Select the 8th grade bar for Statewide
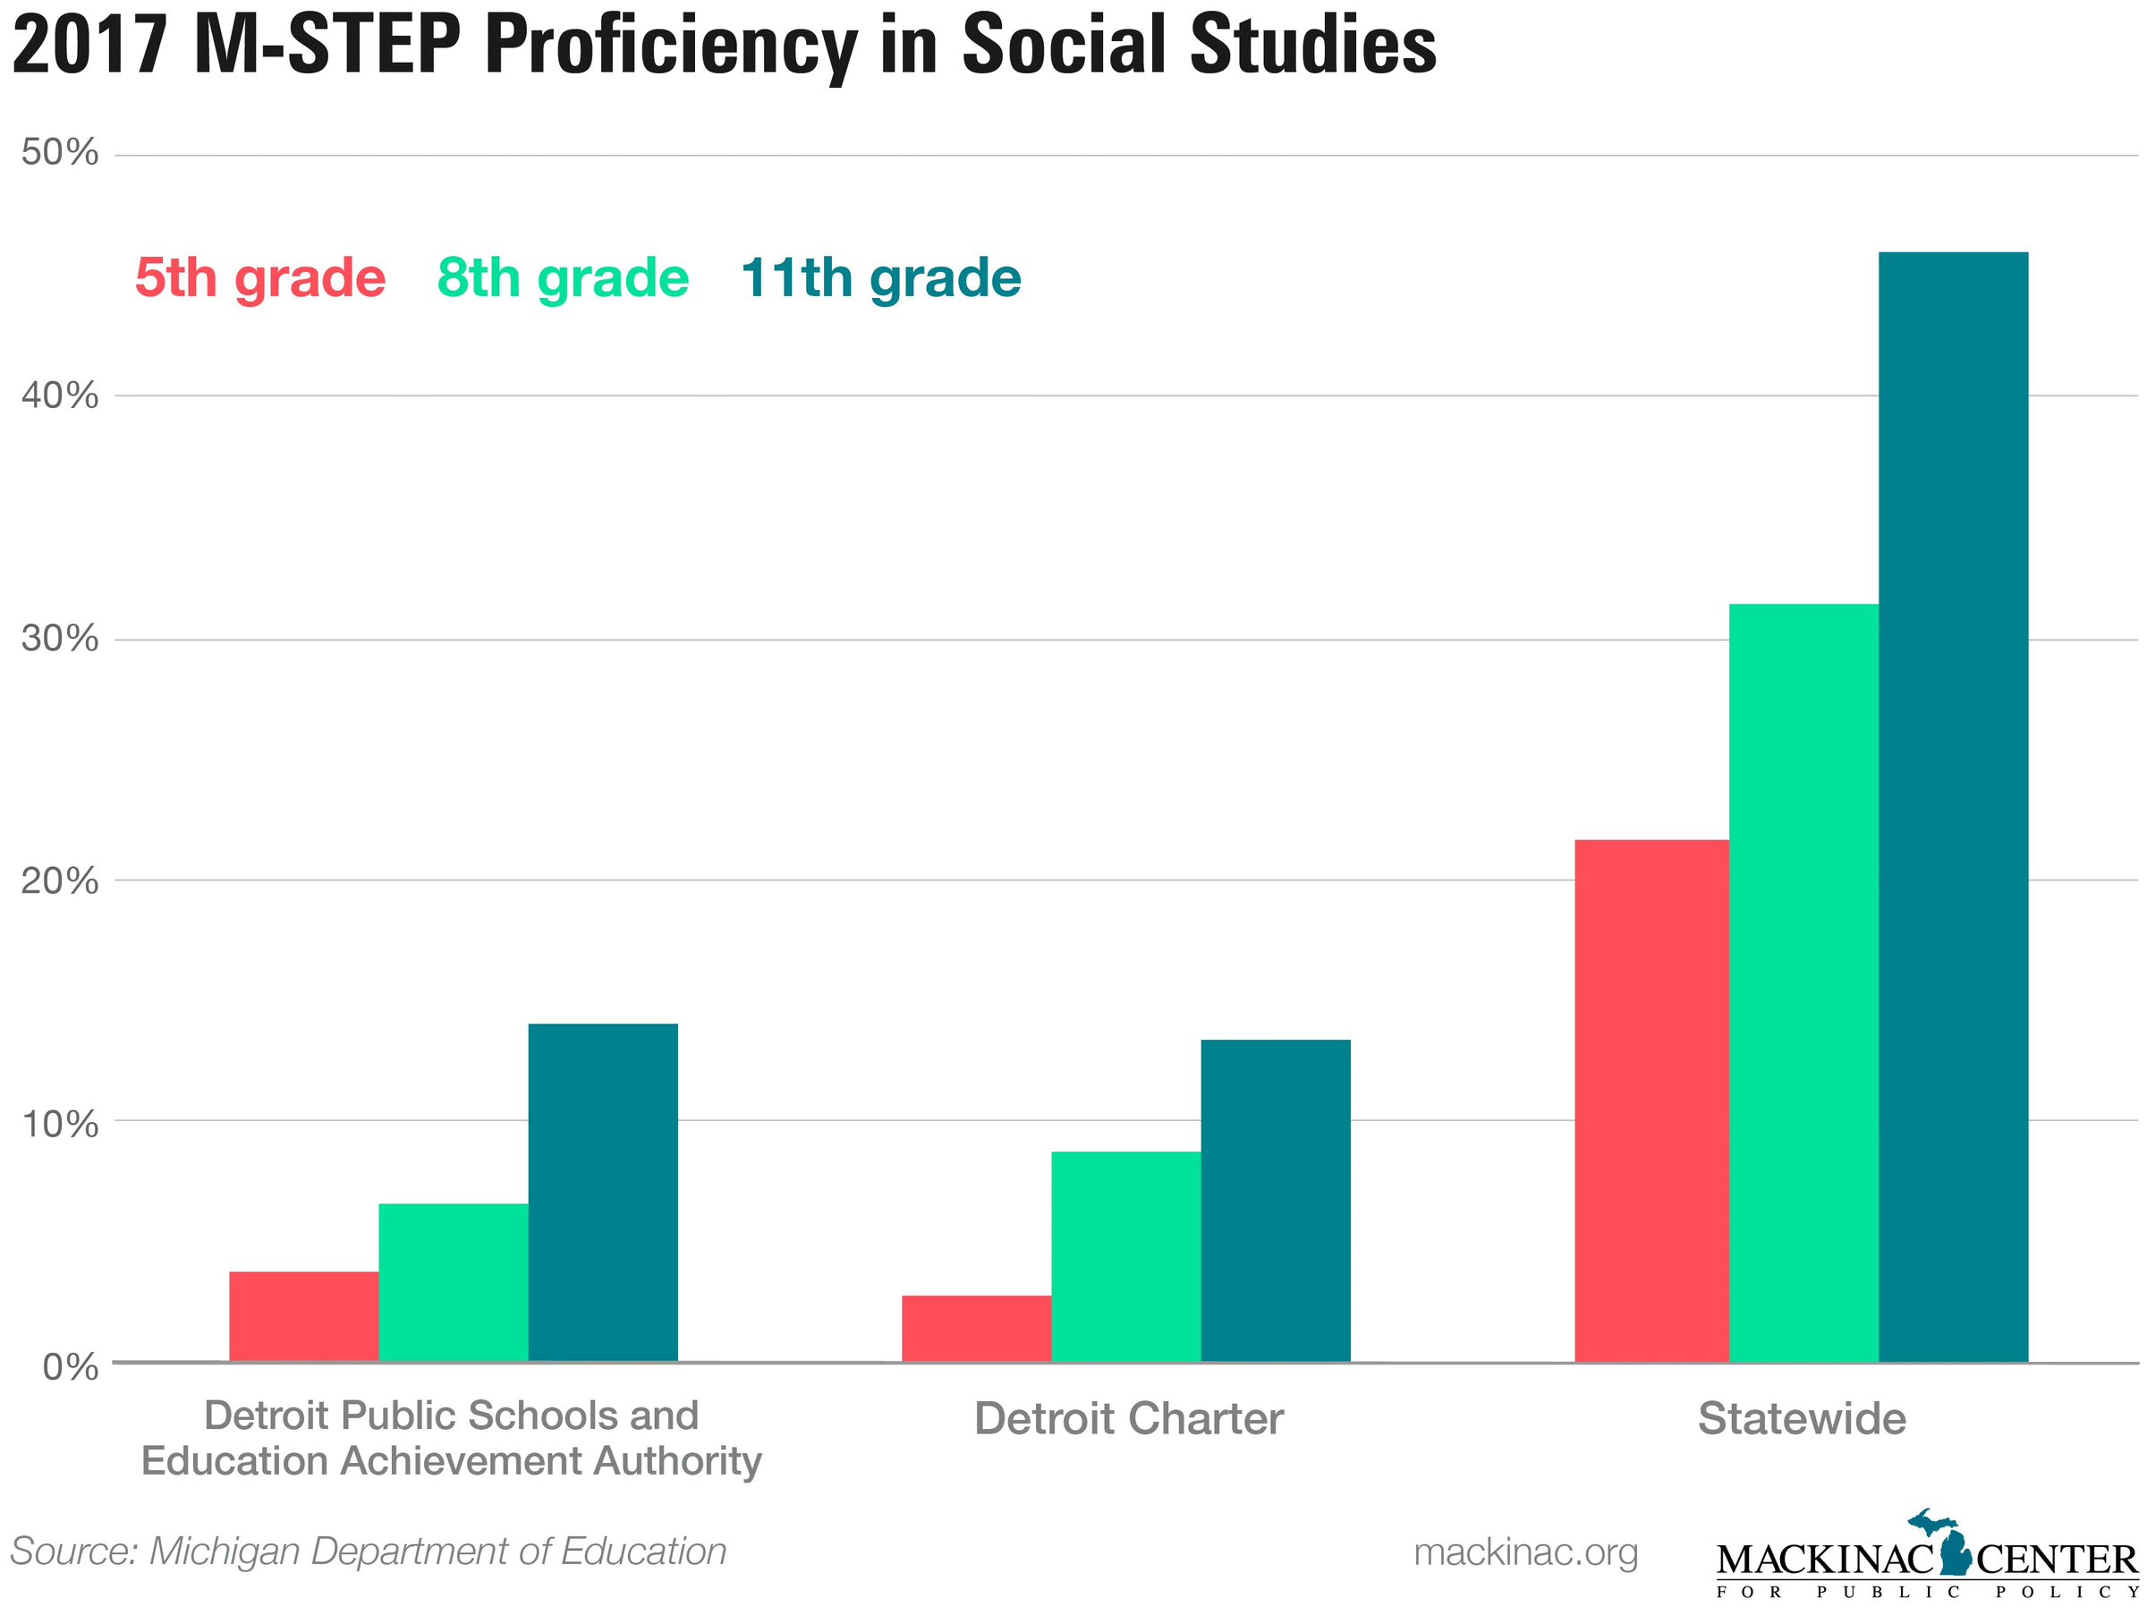click(1803, 982)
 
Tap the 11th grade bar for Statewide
click(1953, 807)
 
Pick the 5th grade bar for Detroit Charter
click(977, 1328)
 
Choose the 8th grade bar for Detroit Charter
click(1126, 1256)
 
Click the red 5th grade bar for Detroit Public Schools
click(304, 1316)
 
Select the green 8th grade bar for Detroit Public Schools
click(454, 1282)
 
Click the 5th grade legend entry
click(260, 278)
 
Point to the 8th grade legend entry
click(563, 278)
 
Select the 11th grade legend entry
click(880, 278)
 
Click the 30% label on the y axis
click(60, 639)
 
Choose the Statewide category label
click(1802, 1419)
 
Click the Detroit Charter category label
click(1129, 1419)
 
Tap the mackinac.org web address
click(1525, 1552)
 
